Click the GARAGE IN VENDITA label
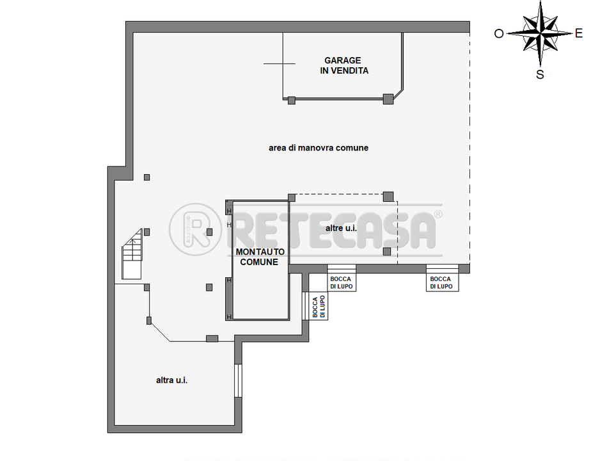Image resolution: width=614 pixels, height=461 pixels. click(x=344, y=65)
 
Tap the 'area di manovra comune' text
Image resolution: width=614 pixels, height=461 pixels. click(x=319, y=148)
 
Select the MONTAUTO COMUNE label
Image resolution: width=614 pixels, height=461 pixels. click(x=260, y=257)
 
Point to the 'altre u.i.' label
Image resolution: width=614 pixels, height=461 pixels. click(x=341, y=228)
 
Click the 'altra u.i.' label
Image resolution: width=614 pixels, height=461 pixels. click(x=171, y=380)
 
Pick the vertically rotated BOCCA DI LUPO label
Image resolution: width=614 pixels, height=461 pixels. click(x=319, y=307)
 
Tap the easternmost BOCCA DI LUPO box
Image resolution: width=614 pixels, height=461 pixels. click(x=442, y=278)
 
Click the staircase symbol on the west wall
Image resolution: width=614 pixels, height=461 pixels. click(x=132, y=254)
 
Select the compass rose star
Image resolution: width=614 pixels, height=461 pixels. click(x=540, y=34)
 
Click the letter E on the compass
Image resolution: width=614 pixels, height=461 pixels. click(x=579, y=33)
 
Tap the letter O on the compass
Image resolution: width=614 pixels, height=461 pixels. click(x=498, y=34)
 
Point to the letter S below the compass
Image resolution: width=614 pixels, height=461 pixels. click(x=540, y=74)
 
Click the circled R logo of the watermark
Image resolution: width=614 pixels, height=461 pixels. click(x=195, y=229)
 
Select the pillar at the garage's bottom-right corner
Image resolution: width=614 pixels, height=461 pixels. click(x=388, y=99)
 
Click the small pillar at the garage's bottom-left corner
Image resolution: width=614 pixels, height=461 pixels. click(x=292, y=101)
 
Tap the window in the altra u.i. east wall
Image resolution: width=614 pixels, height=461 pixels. click(x=238, y=380)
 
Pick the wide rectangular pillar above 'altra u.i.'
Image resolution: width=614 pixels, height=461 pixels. click(x=212, y=339)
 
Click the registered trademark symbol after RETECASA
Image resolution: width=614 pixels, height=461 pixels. click(x=438, y=214)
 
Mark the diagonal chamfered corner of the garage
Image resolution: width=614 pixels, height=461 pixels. click(x=398, y=95)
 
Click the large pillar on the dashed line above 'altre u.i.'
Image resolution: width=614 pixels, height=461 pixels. click(x=388, y=197)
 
